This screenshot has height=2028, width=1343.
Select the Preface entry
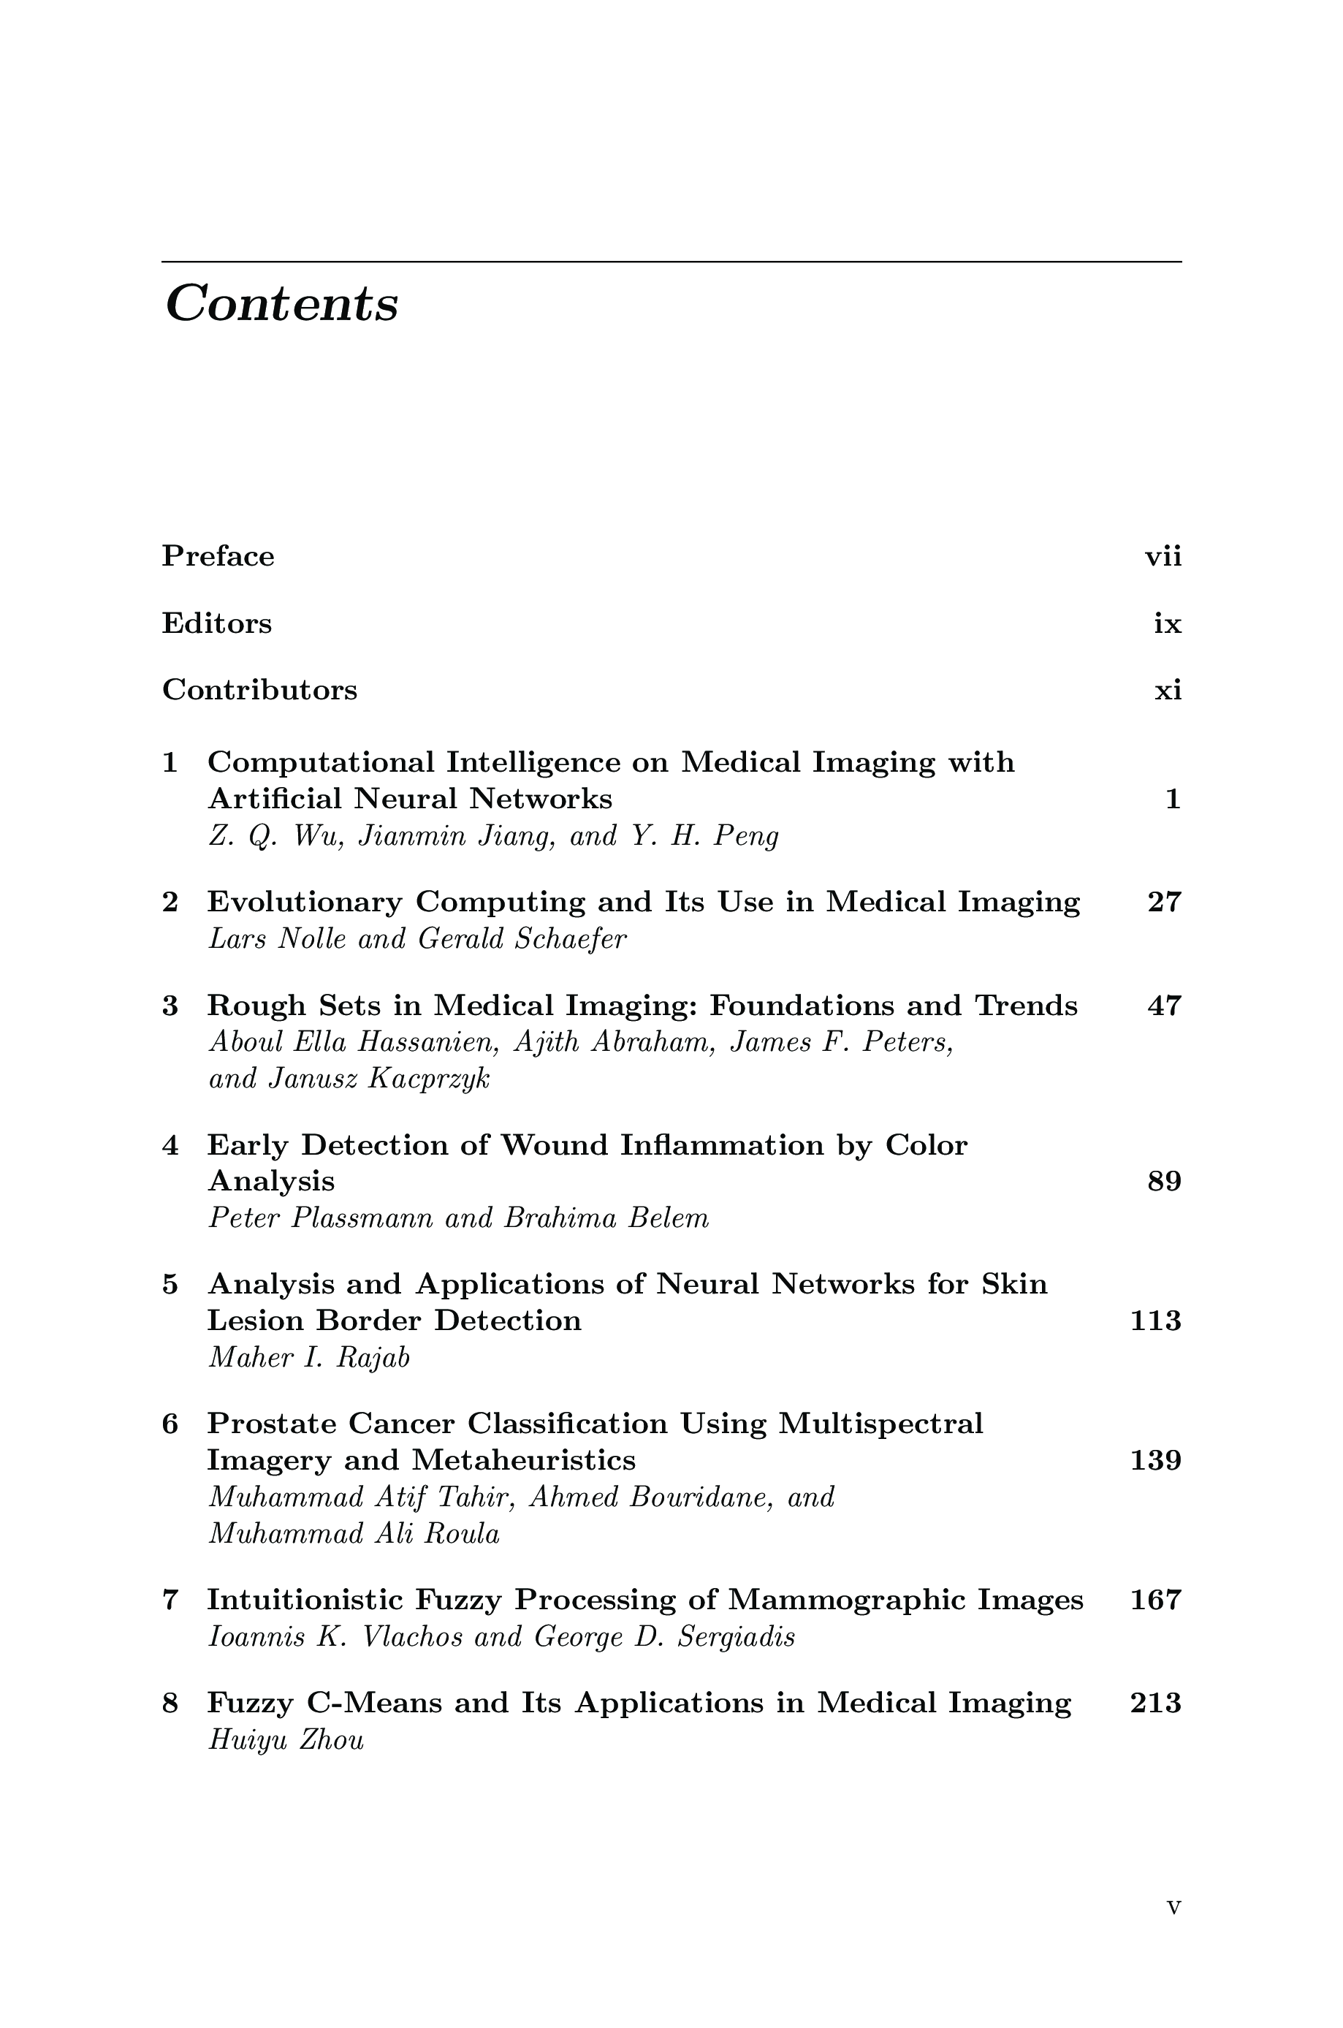218,557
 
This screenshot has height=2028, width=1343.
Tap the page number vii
1163,558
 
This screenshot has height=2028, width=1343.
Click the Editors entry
217,623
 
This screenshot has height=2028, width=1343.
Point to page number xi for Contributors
1168,691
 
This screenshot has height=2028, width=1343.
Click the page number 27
1164,902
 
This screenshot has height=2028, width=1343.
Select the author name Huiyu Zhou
286,1741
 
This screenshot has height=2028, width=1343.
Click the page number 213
1155,1703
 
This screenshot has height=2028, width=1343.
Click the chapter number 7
170,1600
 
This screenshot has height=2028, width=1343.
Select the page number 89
1164,1182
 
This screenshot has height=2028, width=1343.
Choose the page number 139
1155,1460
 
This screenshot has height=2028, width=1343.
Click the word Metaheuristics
523,1460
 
